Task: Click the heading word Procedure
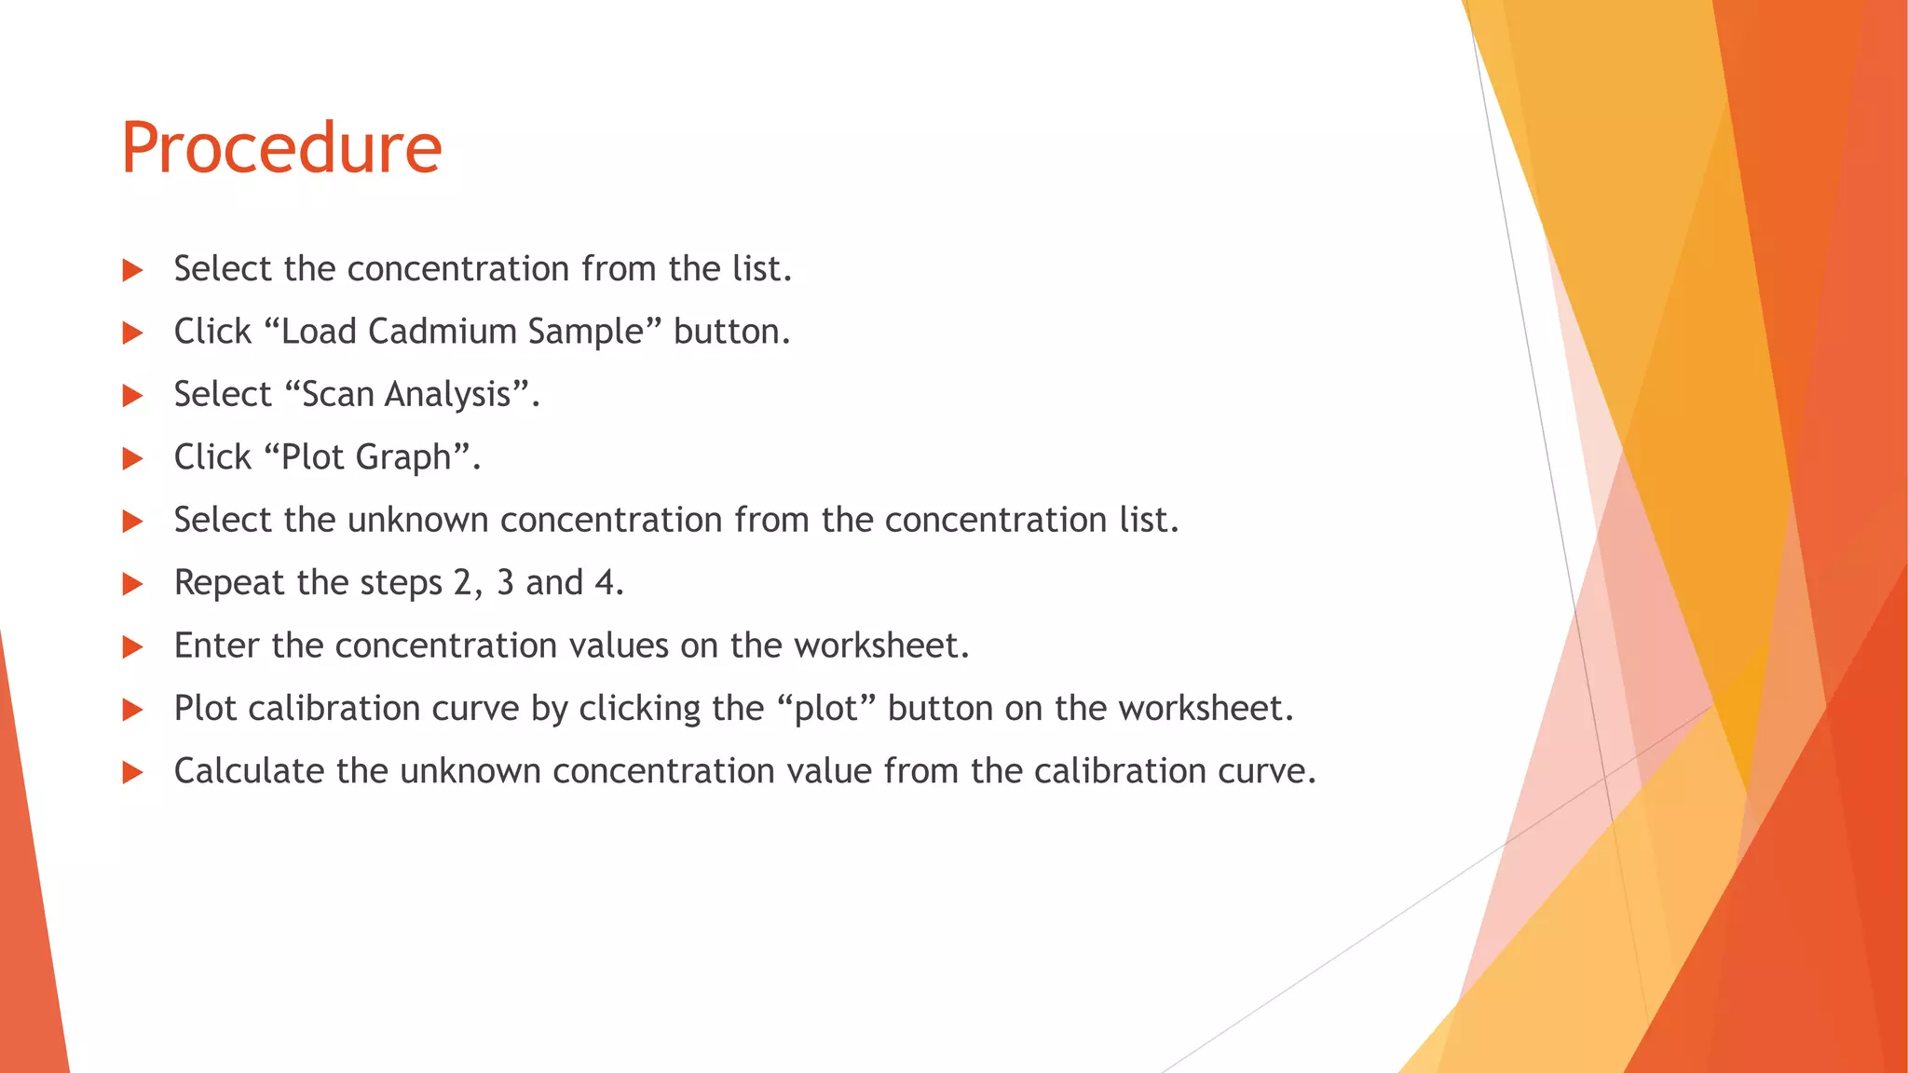(x=281, y=149)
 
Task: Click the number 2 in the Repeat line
(x=463, y=583)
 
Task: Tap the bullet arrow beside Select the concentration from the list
(x=132, y=270)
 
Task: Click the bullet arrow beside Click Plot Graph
(x=132, y=458)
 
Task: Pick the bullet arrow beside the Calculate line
(x=132, y=772)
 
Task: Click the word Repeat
(x=229, y=584)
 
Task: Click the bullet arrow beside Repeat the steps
(x=132, y=584)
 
